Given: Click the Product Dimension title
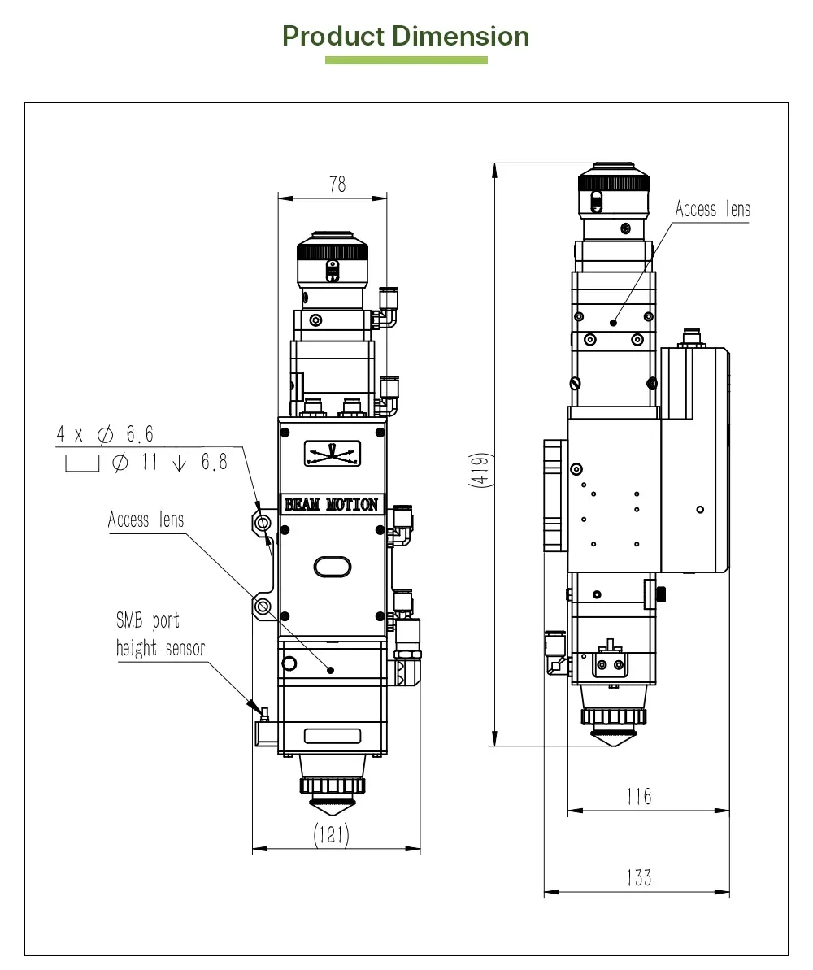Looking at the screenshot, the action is [x=406, y=36].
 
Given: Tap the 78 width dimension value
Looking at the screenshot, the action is [x=338, y=185].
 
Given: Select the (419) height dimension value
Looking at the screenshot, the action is [x=480, y=470].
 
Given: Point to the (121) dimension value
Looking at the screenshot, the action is [x=331, y=834].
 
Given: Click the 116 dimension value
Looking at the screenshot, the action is [x=639, y=796].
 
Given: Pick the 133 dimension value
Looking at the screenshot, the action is [x=639, y=878].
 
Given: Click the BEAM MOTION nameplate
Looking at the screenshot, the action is [x=331, y=504].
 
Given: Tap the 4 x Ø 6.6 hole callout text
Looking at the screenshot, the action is [x=105, y=434].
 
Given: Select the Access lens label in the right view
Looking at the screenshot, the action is [x=713, y=209].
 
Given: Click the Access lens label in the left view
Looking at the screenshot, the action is [x=146, y=520].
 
